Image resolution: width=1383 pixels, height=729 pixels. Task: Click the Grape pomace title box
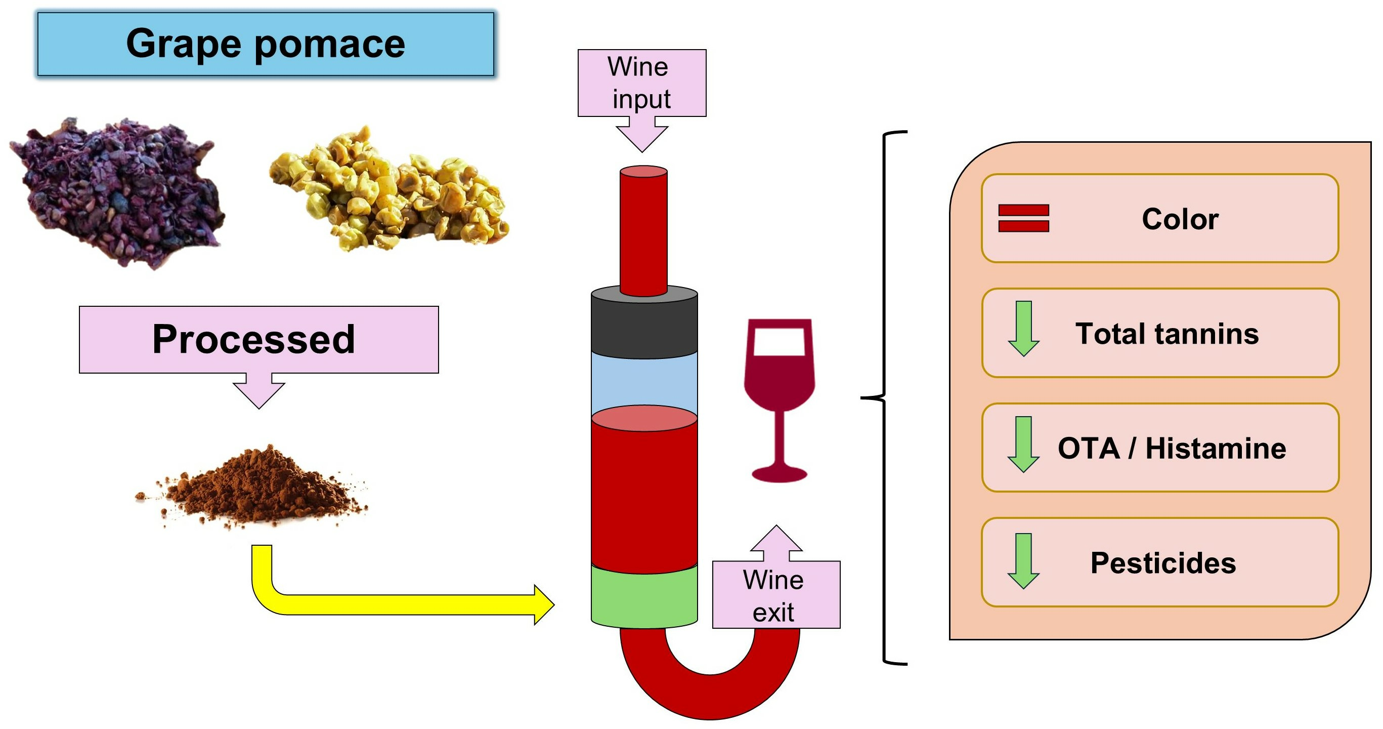pos(265,44)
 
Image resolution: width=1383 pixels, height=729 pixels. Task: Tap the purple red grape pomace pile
pos(118,191)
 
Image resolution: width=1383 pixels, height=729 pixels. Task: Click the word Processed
pos(253,339)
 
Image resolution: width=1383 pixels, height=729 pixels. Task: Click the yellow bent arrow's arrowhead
pos(543,605)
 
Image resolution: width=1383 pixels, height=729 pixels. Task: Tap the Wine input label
pos(641,83)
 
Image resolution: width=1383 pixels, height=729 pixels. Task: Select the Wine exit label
pos(775,595)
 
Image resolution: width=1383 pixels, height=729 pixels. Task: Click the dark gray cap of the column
pos(644,322)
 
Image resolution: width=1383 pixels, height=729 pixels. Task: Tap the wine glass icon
pos(779,397)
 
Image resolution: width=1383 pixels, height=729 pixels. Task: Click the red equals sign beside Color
pos(1023,218)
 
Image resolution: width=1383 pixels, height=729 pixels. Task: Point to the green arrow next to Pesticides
pos(1023,561)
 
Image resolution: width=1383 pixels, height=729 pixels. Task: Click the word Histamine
pos(1216,448)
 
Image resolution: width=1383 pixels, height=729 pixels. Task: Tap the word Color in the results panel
pos(1180,219)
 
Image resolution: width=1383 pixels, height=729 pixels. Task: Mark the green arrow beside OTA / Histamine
pos(1023,444)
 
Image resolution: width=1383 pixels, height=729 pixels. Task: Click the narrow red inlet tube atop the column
pos(643,231)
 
